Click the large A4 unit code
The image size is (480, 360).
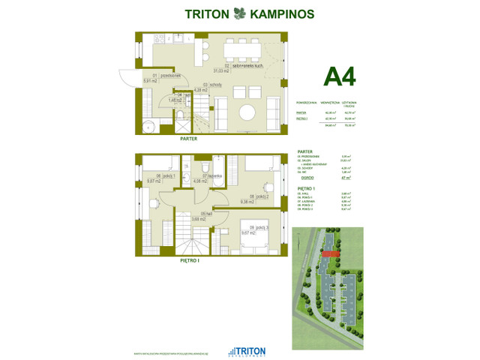339,78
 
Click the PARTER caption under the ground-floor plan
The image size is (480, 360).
188,139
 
